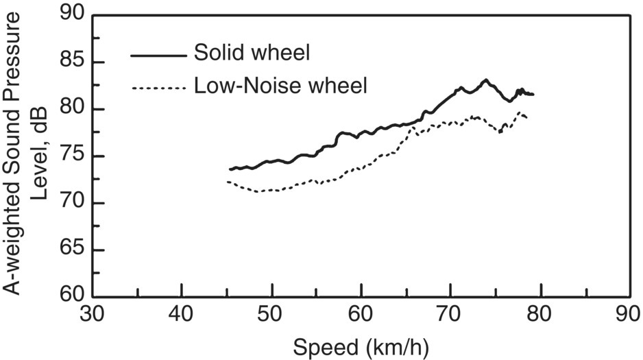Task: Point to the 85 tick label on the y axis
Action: (x=74, y=62)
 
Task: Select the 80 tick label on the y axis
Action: (x=74, y=109)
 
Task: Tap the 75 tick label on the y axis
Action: (x=74, y=156)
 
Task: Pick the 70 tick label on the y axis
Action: (x=74, y=204)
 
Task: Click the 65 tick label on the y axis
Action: (x=74, y=251)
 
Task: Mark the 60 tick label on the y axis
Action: (x=74, y=297)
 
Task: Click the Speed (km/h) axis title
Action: (x=361, y=348)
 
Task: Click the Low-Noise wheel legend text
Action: (x=281, y=86)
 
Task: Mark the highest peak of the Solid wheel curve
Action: (x=485, y=80)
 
